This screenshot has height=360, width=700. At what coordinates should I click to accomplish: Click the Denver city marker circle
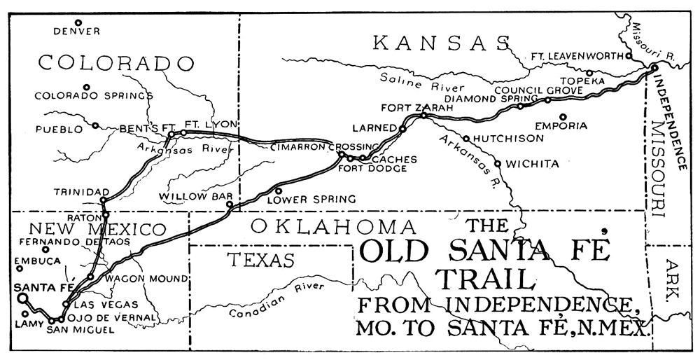point(78,22)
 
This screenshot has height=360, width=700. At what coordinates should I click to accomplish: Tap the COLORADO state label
point(115,63)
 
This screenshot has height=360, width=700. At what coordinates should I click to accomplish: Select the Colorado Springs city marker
point(87,88)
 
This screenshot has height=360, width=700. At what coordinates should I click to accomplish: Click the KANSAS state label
point(441,43)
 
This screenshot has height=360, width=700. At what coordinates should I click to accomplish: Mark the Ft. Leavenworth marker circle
point(629,55)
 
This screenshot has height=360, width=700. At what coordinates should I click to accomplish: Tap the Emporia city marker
point(562,117)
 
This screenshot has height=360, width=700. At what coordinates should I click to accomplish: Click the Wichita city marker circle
point(498,164)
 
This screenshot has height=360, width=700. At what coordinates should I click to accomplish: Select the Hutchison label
point(508,139)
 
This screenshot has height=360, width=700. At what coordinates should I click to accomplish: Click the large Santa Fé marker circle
point(22,298)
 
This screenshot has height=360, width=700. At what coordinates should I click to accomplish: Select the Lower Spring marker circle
point(279,190)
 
